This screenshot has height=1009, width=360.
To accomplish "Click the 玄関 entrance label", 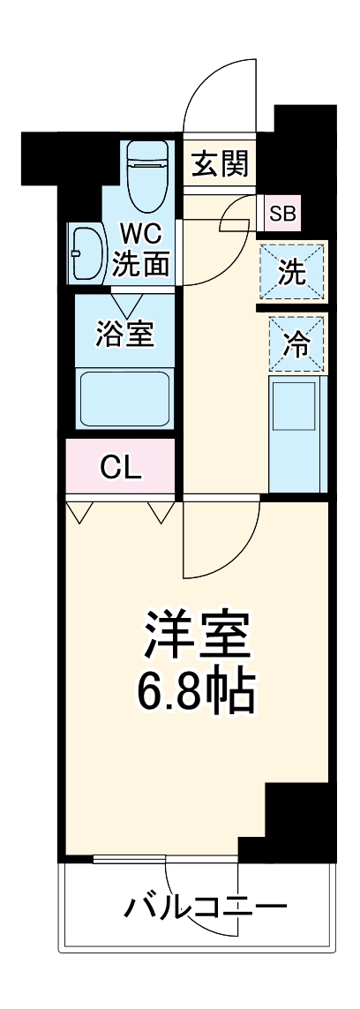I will click(x=221, y=163).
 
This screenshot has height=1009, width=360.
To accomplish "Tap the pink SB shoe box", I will click(x=283, y=212).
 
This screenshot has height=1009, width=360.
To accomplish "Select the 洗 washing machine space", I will click(x=292, y=272).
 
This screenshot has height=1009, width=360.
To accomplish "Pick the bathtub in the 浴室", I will click(x=124, y=398).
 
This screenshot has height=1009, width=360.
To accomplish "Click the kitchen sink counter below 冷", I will click(x=296, y=433).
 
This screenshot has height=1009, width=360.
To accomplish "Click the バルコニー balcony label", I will click(x=205, y=907).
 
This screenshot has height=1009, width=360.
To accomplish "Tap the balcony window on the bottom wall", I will click(x=164, y=857).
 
